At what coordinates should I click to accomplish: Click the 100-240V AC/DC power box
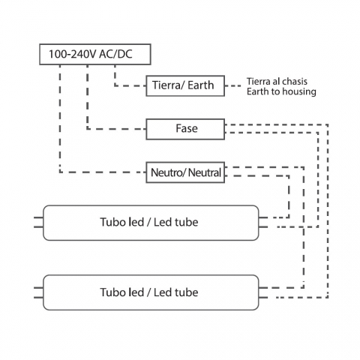click(95, 54)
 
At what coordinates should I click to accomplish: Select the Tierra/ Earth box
click(185, 85)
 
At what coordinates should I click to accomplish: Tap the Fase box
click(185, 129)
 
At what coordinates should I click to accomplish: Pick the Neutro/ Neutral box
click(185, 172)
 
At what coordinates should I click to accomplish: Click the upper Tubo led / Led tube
click(151, 223)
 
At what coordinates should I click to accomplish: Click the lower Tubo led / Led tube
click(151, 292)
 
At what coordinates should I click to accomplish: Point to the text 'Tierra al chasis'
click(277, 82)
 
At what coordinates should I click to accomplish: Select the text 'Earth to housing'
click(281, 91)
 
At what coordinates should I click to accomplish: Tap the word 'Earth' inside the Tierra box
click(201, 85)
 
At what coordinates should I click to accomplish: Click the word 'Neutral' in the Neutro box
click(205, 172)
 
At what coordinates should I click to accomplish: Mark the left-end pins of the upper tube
click(38, 223)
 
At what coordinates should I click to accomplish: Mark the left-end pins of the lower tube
click(38, 292)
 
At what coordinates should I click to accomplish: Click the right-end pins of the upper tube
click(263, 223)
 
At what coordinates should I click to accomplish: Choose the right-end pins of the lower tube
click(263, 292)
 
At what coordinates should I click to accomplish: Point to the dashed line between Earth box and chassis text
click(233, 85)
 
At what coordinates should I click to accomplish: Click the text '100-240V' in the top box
click(73, 54)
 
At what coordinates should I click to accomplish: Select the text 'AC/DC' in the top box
click(115, 54)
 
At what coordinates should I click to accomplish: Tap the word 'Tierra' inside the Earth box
click(166, 85)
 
